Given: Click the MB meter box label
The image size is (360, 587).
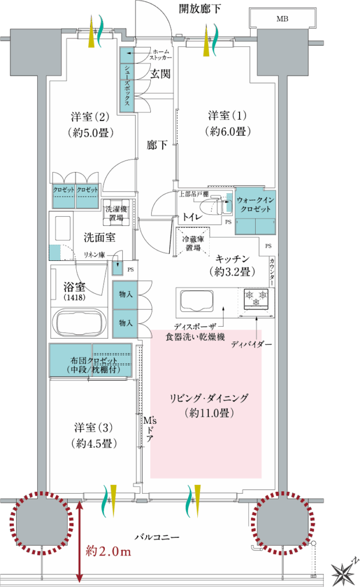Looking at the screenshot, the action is click(282, 19).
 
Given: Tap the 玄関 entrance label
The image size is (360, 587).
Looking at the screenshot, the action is click(160, 74).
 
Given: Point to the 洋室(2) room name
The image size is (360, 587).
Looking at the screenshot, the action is click(90, 116).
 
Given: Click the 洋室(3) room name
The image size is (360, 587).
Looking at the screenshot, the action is click(93, 427).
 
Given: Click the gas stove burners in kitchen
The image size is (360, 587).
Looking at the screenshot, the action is click(257, 298).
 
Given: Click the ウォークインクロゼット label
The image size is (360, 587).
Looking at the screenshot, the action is click(255, 205).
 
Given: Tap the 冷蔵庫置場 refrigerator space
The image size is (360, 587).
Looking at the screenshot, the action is click(193, 242).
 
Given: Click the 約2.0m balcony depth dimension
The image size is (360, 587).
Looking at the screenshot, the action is click(108, 550).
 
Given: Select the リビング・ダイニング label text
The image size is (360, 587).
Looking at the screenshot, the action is click(209, 398).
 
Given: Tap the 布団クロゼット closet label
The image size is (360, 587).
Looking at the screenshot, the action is click(94, 361).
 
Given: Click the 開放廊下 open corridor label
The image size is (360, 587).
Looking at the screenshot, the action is click(199, 8).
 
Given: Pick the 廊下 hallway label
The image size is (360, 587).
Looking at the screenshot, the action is click(157, 144).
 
